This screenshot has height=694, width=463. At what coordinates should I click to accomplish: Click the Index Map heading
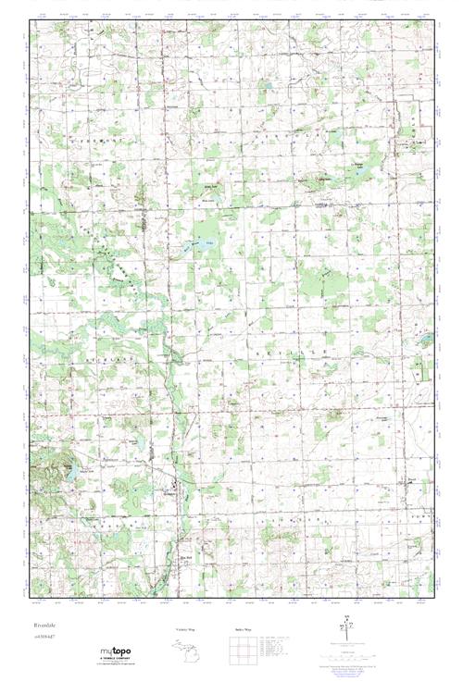point(244,630)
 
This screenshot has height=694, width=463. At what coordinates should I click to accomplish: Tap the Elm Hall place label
point(186,556)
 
